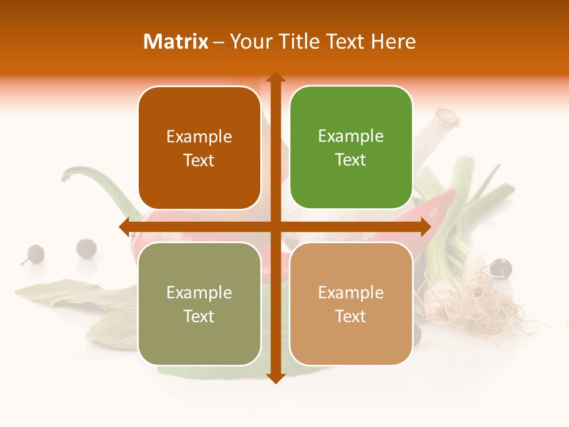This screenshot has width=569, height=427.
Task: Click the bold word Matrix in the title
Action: pos(176,42)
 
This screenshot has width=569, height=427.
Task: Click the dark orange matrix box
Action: pos(199,148)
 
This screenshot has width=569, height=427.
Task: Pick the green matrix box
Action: pos(351,148)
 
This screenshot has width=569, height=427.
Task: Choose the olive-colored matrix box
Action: pos(199,304)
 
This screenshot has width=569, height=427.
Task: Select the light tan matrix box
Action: pos(351,304)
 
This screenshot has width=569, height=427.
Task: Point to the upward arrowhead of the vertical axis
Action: pos(276,78)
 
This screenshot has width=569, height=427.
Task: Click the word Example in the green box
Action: pos(351,136)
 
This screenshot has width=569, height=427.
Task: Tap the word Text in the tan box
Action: pos(351,317)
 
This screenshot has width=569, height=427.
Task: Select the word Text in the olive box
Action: pos(199,317)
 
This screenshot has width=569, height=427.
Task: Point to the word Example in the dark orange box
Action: pos(199,136)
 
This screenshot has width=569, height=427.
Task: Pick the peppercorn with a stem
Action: pos(35,254)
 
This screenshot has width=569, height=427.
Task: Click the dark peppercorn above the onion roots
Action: pos(501,267)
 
